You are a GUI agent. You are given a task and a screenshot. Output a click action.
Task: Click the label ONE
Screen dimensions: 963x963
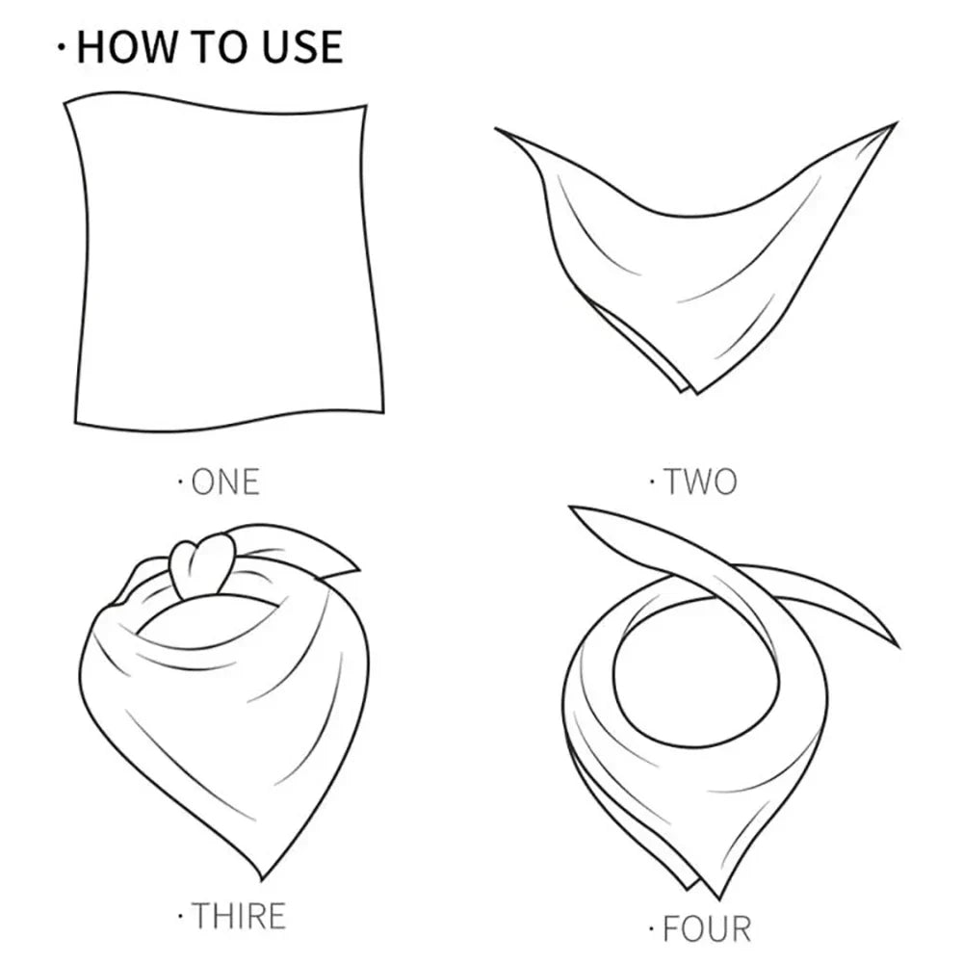tap(225, 481)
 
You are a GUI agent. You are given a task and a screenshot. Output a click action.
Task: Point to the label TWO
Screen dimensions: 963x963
tap(699, 481)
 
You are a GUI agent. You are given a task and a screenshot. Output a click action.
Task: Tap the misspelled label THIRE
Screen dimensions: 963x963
tap(238, 914)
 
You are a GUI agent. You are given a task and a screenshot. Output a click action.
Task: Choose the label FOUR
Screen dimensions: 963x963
tap(706, 928)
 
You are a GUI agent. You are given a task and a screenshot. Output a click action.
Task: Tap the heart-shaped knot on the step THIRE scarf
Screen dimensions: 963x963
tap(202, 560)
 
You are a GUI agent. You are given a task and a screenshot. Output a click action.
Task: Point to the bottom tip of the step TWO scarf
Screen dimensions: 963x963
tap(691, 391)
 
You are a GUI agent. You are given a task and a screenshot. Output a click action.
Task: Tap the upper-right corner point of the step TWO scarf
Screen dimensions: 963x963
tap(895, 124)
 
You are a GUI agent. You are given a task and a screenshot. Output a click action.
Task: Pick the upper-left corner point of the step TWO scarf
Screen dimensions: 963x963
tap(499, 130)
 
